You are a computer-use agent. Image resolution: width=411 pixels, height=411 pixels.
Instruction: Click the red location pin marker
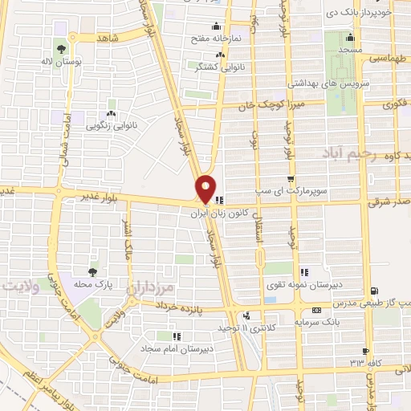pos(206,188)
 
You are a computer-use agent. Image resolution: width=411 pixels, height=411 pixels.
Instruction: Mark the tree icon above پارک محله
pos(95,271)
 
